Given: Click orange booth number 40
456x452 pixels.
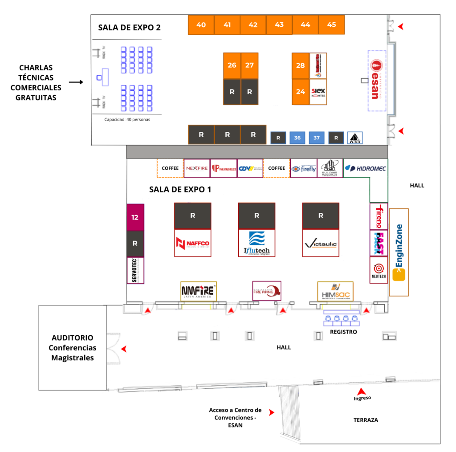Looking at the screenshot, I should tap(201, 25).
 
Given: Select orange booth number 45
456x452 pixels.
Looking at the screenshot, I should tap(331, 25).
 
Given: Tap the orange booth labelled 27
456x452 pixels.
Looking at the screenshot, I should tap(249, 65).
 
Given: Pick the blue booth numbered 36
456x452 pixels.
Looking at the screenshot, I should tap(297, 138).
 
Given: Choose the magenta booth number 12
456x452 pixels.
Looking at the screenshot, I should tap(135, 217).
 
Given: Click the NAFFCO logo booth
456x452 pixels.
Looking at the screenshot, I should tap(192, 243).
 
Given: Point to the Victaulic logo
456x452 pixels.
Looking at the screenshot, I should tap(321, 244).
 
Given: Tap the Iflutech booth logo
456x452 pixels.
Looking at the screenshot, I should tap(256, 243).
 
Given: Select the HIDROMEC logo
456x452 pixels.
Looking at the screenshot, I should tap(365, 168).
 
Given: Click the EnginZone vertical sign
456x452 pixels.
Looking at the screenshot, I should tap(399, 252).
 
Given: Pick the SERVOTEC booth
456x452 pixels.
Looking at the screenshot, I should tap(135, 270).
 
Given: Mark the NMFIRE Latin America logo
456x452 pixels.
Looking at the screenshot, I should tap(199, 291).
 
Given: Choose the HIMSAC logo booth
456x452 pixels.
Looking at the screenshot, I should tap(335, 291).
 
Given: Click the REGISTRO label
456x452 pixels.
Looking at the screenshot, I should tap(343, 332).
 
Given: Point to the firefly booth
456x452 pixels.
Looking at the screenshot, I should tap(304, 168).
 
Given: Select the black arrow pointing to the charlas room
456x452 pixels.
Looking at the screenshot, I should tap(76, 82).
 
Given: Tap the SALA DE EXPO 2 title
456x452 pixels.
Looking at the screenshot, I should tap(129, 27).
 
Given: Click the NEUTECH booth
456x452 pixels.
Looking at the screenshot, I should tap(379, 271).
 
